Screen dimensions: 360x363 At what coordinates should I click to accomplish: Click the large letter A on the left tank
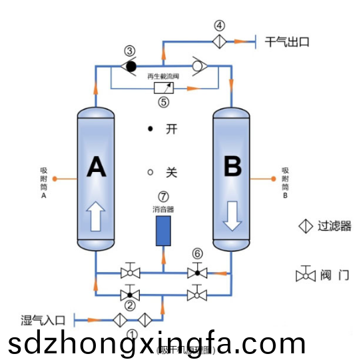97,167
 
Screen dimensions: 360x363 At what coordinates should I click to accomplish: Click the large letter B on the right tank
232,167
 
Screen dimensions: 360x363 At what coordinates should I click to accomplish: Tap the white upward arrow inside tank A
97,216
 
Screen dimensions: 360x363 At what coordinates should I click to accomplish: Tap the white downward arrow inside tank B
232,216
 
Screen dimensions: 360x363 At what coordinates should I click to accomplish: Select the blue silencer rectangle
163,230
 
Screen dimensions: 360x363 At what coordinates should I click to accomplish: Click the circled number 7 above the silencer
163,197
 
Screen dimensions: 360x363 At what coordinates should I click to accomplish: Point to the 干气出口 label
288,41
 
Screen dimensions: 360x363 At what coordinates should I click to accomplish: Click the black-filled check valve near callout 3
131,66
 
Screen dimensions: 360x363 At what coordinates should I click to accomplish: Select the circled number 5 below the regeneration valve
163,103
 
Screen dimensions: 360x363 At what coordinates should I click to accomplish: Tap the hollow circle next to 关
151,172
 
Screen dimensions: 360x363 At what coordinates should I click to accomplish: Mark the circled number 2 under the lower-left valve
131,305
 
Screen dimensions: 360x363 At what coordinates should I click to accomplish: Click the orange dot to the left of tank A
55,179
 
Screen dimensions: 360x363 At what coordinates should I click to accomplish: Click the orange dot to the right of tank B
274,179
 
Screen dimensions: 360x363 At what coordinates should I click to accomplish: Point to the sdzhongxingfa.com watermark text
157,343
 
